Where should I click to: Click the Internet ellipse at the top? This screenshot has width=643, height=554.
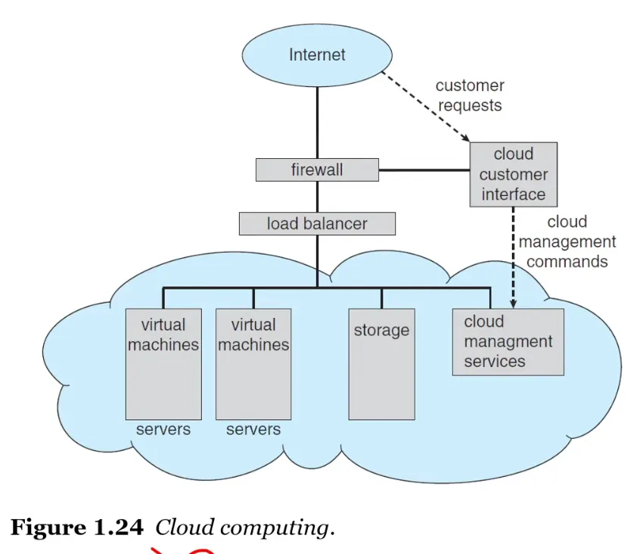pyautogui.click(x=317, y=55)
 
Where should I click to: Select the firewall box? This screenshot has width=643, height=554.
pyautogui.click(x=317, y=170)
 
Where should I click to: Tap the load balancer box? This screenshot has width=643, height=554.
pyautogui.click(x=317, y=224)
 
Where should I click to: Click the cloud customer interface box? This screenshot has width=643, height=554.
pyautogui.click(x=514, y=174)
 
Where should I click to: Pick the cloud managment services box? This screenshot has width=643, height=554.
pyautogui.click(x=508, y=341)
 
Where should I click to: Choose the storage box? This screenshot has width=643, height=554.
pyautogui.click(x=381, y=363)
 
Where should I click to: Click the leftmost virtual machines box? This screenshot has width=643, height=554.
pyautogui.click(x=163, y=363)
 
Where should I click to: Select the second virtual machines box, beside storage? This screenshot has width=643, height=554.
pyautogui.click(x=253, y=363)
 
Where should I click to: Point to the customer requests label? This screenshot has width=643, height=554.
pyautogui.click(x=470, y=95)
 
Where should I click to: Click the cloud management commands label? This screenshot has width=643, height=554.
pyautogui.click(x=567, y=241)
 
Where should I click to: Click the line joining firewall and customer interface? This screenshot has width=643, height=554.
pyautogui.click(x=424, y=170)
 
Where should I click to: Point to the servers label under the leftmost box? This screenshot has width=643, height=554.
pyautogui.click(x=163, y=430)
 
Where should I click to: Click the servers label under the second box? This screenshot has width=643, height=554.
pyautogui.click(x=253, y=430)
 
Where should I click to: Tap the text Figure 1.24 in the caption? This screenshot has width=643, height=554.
pyautogui.click(x=76, y=528)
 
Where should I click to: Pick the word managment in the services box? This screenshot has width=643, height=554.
pyautogui.click(x=508, y=341)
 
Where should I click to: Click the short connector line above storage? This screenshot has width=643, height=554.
pyautogui.click(x=381, y=298)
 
